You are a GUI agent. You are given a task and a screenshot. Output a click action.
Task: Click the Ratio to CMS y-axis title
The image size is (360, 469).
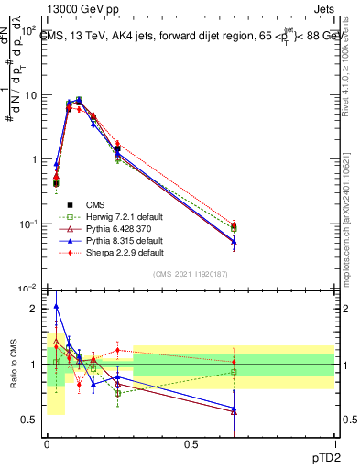coord(12,365)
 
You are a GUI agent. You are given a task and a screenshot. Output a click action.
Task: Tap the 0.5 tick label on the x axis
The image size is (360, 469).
coord(191,445)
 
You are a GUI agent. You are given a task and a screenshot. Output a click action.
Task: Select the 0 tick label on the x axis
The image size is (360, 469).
coord(47,445)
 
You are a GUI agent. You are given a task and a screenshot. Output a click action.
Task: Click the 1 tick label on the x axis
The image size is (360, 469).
coord(333,445)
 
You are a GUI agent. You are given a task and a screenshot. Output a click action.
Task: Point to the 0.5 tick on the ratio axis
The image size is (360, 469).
coord(30,420)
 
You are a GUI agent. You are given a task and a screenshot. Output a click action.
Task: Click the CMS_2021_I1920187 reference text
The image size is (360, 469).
coord(190,274)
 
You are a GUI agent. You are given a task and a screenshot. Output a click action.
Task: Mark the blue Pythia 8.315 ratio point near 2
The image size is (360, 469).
coord(57,307)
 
